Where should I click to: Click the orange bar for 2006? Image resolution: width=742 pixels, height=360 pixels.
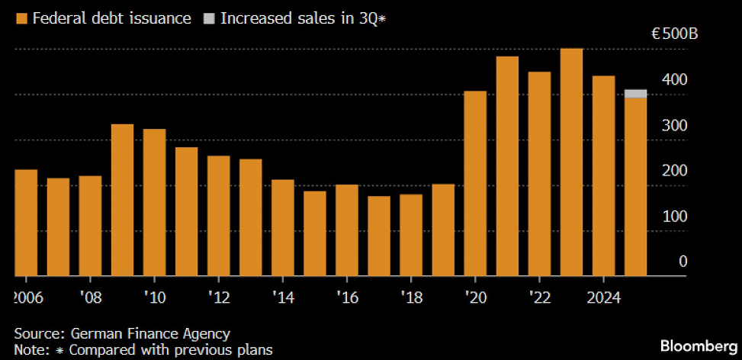(x=26, y=223)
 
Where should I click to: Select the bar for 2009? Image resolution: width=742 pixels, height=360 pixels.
(x=122, y=200)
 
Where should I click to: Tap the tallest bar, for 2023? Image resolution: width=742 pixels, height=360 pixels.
(x=571, y=162)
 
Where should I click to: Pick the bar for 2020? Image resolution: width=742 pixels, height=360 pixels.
(x=475, y=183)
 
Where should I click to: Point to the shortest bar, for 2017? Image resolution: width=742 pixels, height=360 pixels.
(x=379, y=236)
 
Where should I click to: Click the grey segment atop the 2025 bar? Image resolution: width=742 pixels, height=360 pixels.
(x=635, y=94)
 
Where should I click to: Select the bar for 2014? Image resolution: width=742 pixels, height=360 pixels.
(x=283, y=227)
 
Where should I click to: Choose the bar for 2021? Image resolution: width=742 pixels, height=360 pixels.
(x=507, y=166)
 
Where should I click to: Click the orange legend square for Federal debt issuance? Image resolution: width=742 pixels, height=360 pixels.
(x=21, y=18)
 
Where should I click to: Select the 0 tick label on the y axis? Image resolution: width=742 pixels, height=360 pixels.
(x=683, y=262)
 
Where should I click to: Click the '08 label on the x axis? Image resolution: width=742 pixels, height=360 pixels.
(x=90, y=296)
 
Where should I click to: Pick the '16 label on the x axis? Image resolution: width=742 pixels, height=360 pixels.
(x=347, y=296)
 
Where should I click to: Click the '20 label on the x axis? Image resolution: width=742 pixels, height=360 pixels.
(x=475, y=296)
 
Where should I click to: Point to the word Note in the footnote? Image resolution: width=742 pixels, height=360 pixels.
(x=28, y=350)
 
